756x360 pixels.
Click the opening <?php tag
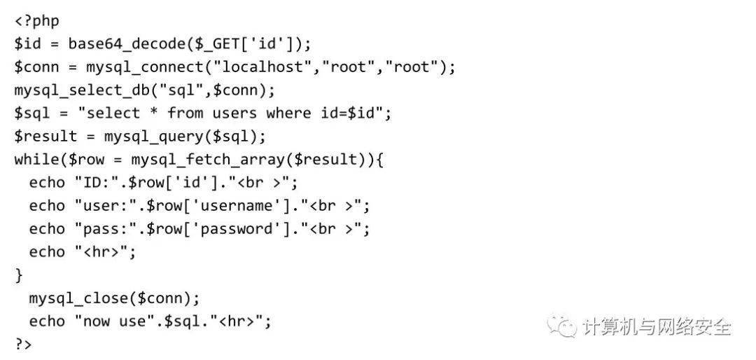click(x=36, y=22)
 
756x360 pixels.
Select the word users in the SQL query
click(x=234, y=113)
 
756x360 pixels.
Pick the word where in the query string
click(x=288, y=113)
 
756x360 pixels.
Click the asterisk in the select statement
click(x=154, y=113)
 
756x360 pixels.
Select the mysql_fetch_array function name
click(x=210, y=160)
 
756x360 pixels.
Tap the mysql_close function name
click(x=78, y=298)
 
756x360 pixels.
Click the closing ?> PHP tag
click(x=23, y=345)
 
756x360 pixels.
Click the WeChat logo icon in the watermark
click(x=563, y=326)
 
